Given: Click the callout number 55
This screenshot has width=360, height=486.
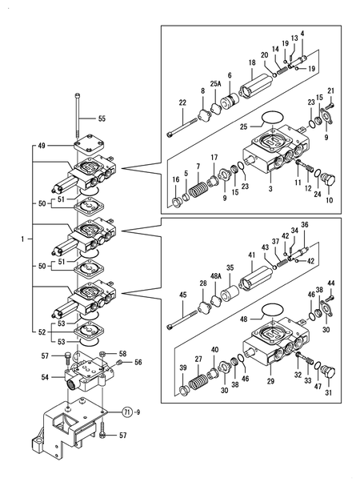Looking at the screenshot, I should [x=102, y=118].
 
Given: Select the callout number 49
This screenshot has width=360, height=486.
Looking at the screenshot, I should [x=42, y=147].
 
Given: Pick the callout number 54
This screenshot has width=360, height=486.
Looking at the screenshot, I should [x=46, y=376].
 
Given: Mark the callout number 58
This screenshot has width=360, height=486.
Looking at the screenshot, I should [x=122, y=353].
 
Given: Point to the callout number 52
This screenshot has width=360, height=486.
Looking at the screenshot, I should [x=42, y=332].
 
